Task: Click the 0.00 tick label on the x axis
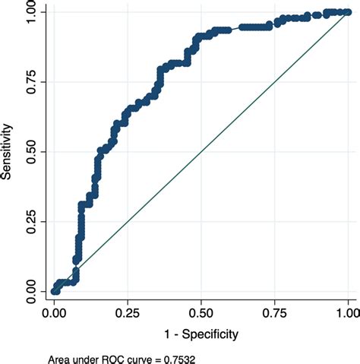point(54,312)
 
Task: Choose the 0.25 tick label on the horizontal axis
point(128,312)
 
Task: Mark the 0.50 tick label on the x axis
point(201,312)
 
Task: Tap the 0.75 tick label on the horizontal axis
point(275,312)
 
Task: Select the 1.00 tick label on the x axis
point(348,312)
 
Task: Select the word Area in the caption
point(59,358)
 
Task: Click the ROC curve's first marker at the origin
point(54,291)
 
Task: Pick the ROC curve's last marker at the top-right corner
point(348,12)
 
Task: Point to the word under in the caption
point(89,358)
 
